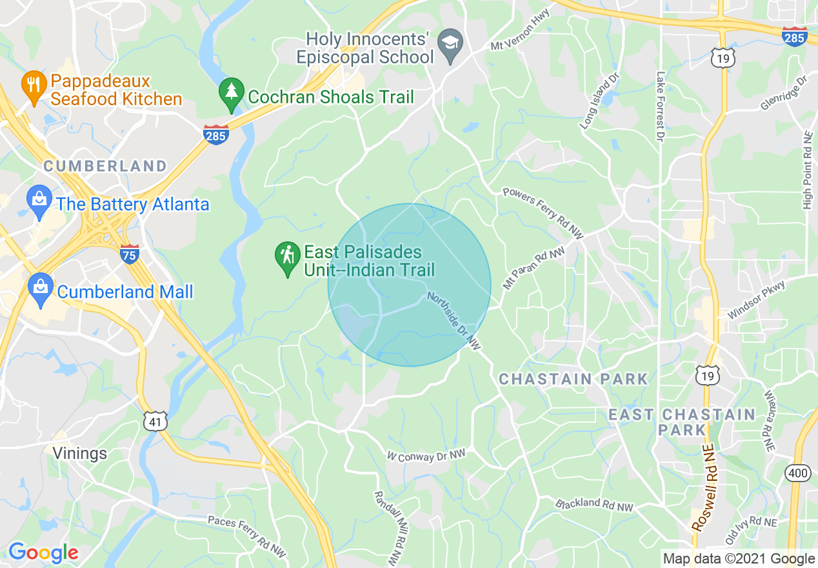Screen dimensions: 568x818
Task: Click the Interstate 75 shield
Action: (130, 254)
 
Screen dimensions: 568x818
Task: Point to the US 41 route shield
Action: (157, 421)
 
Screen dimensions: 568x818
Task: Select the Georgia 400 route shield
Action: (797, 474)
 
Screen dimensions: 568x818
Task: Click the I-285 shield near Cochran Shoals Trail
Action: (215, 135)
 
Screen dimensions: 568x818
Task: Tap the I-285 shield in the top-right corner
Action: (794, 36)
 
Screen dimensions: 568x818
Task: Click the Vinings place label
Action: (80, 453)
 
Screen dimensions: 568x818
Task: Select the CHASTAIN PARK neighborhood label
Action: (574, 379)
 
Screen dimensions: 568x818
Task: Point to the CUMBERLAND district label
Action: (105, 166)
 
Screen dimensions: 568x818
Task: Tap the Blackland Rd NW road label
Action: (594, 505)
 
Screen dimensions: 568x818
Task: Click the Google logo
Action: (43, 553)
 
